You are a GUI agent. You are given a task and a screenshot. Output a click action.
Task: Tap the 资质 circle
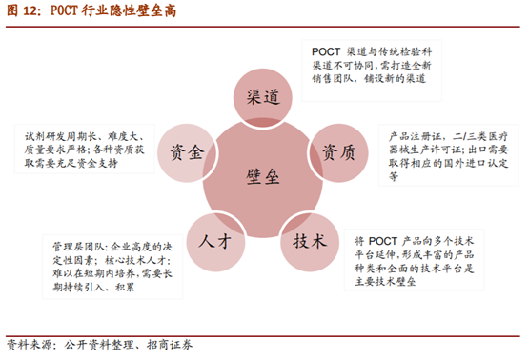click(x=340, y=151)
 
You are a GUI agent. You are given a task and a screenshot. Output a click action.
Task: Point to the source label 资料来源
click(x=30, y=344)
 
